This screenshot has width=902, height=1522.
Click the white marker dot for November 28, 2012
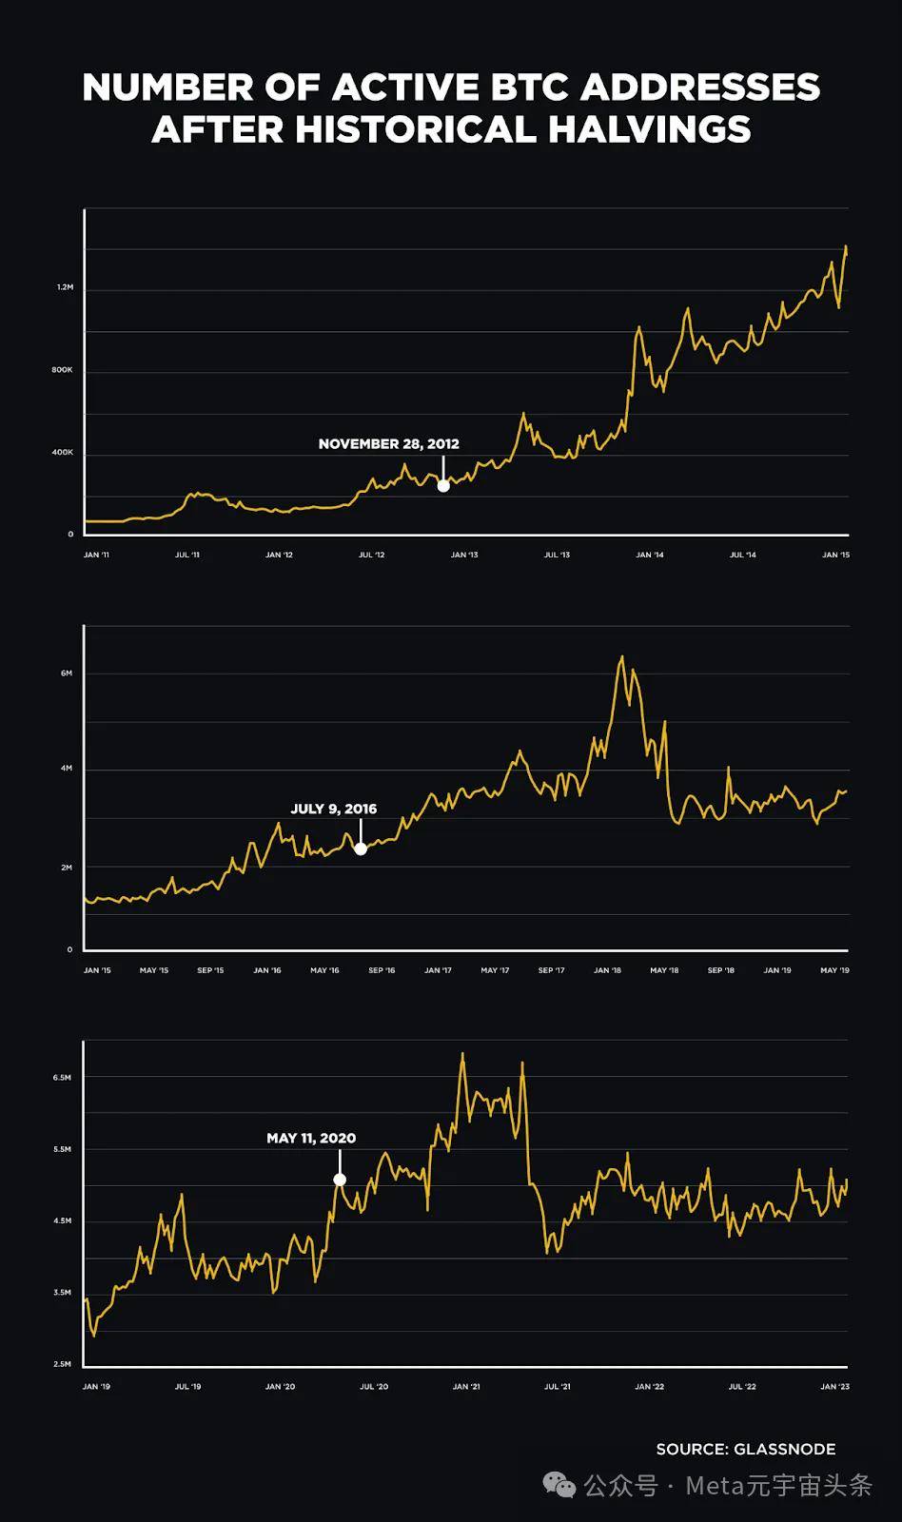pos(443,486)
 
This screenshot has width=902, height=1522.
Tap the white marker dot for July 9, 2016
pos(361,849)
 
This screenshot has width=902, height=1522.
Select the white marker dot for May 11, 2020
pos(340,1180)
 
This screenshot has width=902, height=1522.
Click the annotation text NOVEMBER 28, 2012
pos(388,443)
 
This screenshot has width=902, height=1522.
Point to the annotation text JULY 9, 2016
pos(333,809)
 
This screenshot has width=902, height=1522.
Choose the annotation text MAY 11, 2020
pos(311,1138)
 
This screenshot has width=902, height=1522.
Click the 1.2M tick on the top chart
pos(65,287)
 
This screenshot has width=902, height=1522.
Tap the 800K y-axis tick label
pos(62,370)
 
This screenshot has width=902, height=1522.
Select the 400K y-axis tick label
pos(62,453)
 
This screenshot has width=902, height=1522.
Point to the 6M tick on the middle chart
pos(67,673)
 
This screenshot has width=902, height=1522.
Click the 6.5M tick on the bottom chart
pos(62,1078)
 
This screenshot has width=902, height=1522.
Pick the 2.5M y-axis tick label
pos(62,1364)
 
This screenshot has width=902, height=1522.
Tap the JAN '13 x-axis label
pos(464,555)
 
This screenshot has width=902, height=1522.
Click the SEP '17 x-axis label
pos(551,970)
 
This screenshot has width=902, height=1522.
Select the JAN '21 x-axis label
pos(466,1387)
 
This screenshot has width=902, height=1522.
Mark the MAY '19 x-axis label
pos(834,970)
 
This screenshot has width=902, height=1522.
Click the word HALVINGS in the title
pos(650,129)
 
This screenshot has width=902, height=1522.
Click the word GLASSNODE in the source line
pos(784,1449)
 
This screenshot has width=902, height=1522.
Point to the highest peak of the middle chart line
pos(622,656)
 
